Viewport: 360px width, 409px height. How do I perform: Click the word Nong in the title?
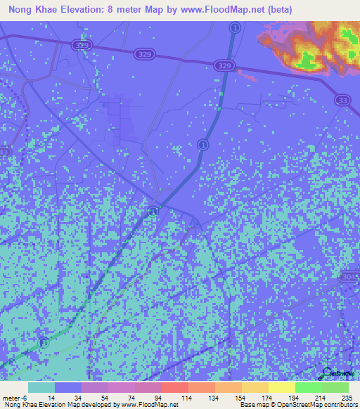(x=22, y=10)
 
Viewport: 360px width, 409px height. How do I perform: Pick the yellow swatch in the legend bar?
(x=281, y=387)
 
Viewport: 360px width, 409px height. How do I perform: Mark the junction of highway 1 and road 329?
(x=227, y=65)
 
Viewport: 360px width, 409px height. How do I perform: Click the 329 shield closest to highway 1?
(x=224, y=65)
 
